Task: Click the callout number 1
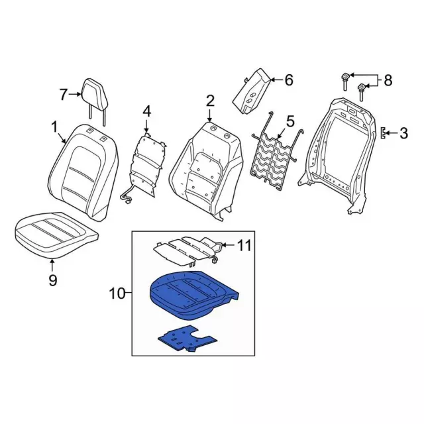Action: pos(54,127)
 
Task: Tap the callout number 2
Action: pos(210,101)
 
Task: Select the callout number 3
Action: pos(403,133)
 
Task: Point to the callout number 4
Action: pos(146,112)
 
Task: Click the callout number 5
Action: pos(290,121)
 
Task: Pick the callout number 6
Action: pos(289,80)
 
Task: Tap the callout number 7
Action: pos(63,94)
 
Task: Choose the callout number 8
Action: pos(388,80)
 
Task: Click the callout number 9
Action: pos(53,280)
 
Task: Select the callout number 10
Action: pos(117,293)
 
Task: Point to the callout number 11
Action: pos(244,246)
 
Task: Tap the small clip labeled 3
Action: pos(383,133)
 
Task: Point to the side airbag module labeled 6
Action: pos(251,93)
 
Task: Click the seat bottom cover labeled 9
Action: pos(56,234)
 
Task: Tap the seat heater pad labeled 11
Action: pos(188,250)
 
